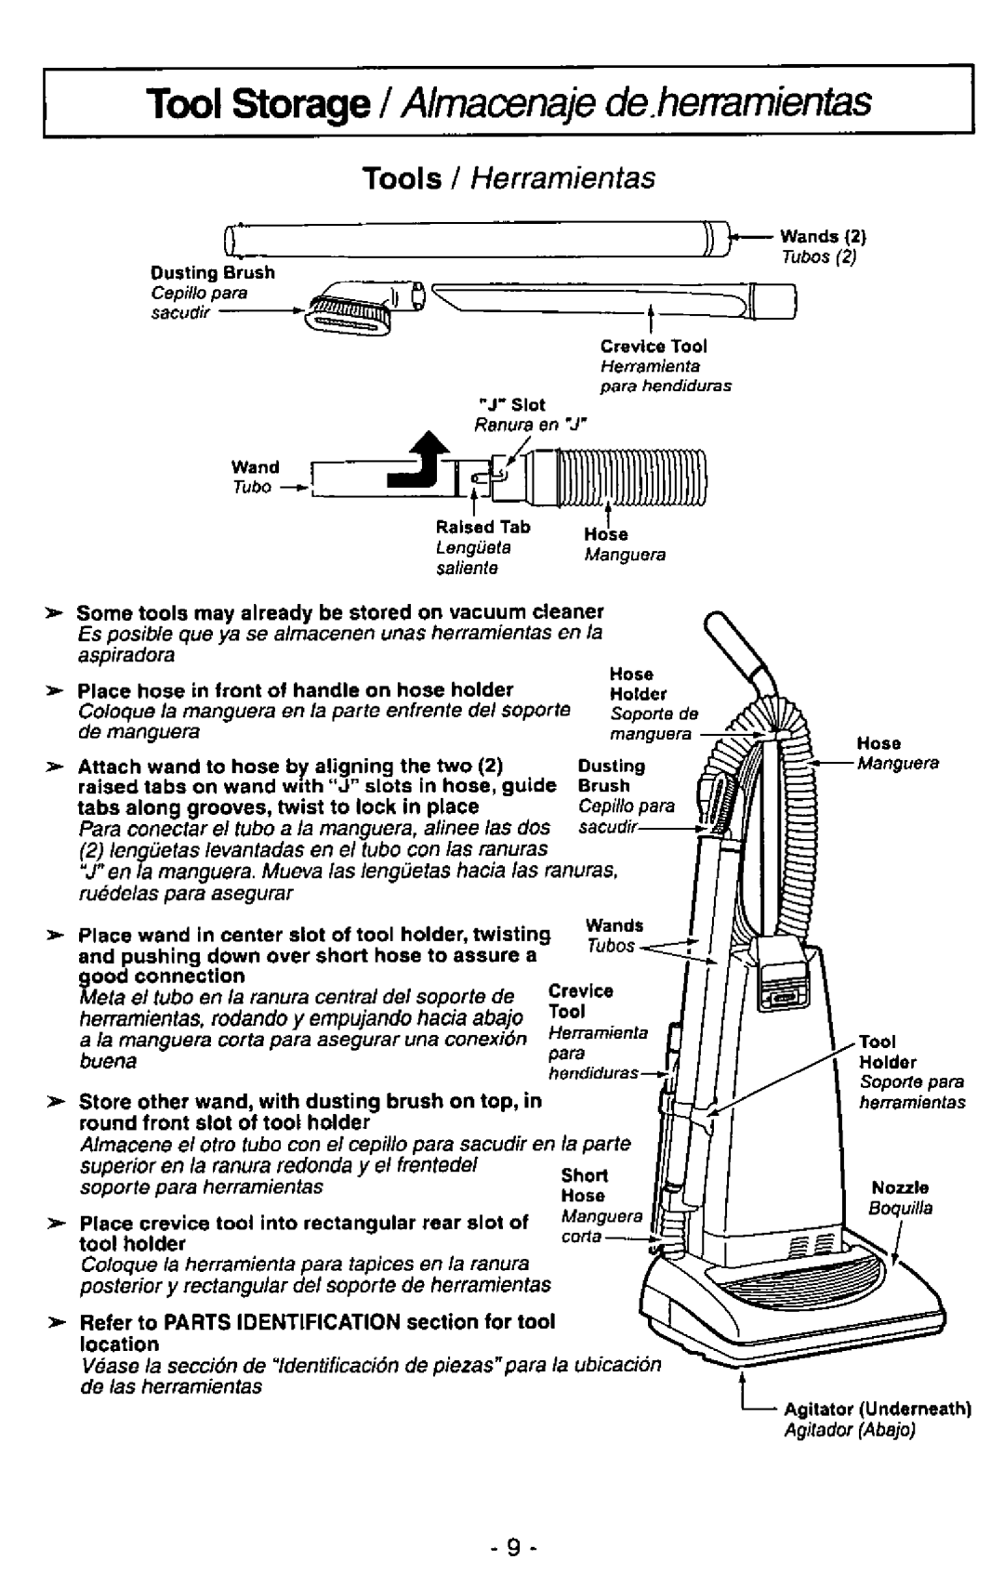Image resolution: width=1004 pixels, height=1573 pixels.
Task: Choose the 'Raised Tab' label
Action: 473,527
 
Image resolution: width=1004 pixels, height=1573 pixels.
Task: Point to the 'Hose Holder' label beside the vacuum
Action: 631,683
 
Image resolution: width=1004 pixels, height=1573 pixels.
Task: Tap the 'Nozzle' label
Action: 893,1187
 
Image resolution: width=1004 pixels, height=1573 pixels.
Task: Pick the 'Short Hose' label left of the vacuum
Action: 583,1186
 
